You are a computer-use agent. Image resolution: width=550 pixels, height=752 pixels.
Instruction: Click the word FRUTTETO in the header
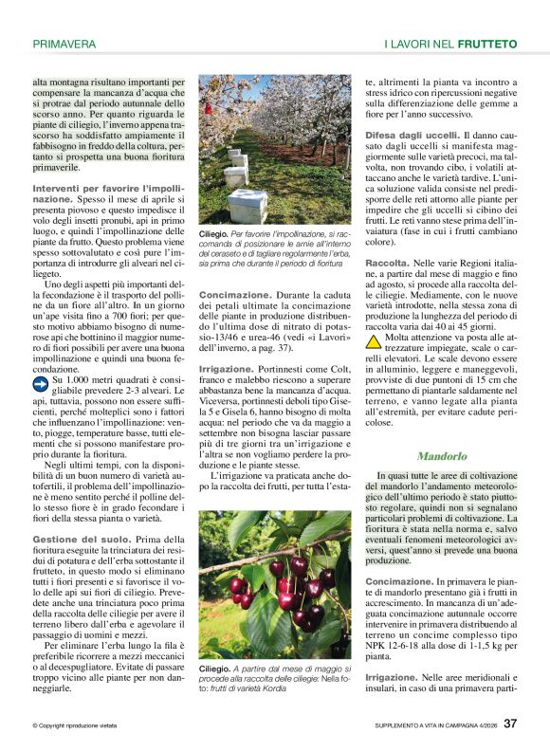(x=486, y=44)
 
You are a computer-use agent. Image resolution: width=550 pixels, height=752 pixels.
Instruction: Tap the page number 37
(x=510, y=724)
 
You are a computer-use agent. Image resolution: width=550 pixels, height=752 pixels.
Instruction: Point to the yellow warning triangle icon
(x=375, y=340)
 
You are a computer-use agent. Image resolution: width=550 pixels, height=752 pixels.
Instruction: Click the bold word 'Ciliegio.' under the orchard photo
(x=214, y=232)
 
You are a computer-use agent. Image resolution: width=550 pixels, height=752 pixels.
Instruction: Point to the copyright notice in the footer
(x=77, y=725)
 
